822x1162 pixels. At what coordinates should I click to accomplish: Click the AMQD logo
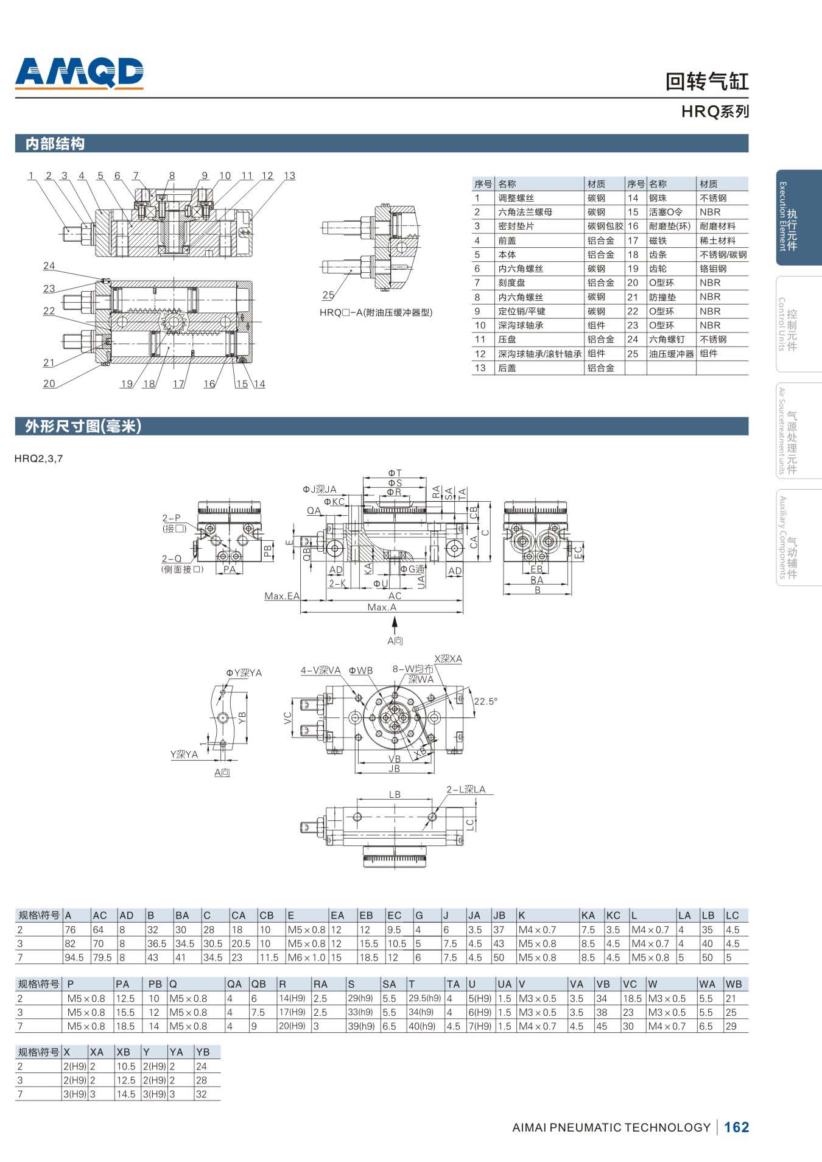(79, 73)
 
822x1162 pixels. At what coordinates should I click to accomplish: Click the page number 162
(736, 1127)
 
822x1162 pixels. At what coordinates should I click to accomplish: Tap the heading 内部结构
(55, 144)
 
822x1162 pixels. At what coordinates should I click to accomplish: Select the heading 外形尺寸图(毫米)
(83, 426)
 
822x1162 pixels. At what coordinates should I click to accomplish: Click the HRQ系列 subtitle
(715, 112)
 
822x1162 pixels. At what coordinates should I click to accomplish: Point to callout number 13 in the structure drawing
(289, 176)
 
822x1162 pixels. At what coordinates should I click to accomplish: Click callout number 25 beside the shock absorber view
(328, 295)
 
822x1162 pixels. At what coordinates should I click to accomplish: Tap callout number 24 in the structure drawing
(49, 266)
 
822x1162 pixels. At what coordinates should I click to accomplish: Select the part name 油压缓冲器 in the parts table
(671, 354)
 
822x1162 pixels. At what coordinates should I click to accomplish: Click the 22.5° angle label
(485, 701)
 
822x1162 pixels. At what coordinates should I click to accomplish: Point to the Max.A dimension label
(382, 607)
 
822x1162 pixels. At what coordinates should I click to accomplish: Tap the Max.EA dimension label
(282, 596)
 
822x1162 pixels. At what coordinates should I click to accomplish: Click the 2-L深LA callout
(466, 789)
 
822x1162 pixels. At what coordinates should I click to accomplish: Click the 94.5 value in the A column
(74, 957)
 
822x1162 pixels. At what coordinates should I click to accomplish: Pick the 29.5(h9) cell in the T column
(424, 998)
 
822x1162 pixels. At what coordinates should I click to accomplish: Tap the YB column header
(203, 1052)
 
